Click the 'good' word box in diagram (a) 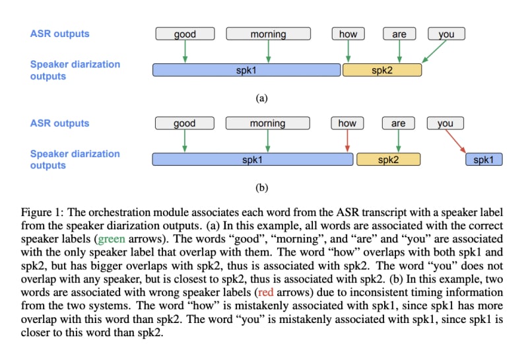point(185,34)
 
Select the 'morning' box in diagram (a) point(268,34)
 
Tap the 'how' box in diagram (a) point(348,34)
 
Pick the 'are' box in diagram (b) point(398,123)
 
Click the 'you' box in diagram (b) point(445,123)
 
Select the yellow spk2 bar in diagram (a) point(382,70)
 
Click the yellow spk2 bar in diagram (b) point(389,159)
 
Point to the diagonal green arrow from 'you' point(434,52)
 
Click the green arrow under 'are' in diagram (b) point(397,141)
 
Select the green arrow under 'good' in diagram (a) point(185,52)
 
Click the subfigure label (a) point(262,98)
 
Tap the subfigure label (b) point(262,188)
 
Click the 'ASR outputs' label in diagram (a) point(59,34)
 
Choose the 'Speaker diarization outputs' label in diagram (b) point(75,159)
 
